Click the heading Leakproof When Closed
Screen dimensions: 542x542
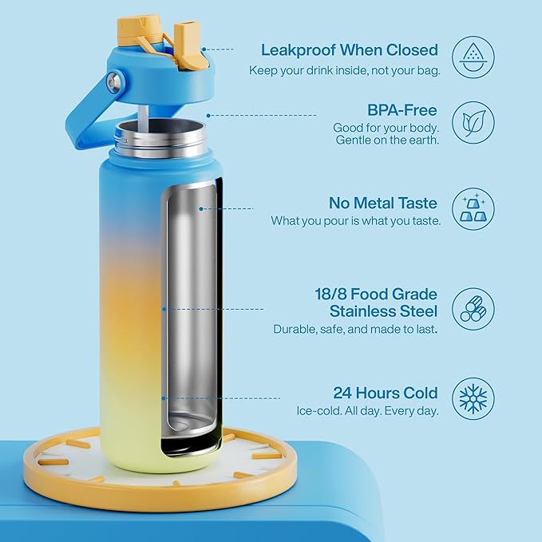click(349, 50)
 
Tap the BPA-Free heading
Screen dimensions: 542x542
click(402, 110)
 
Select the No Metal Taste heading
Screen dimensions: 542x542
click(383, 203)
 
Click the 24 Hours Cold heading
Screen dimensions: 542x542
click(386, 393)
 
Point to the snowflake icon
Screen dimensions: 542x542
click(473, 398)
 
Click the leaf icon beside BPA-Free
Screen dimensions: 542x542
click(473, 123)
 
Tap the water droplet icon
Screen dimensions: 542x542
click(473, 57)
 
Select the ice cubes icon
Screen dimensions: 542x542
click(473, 208)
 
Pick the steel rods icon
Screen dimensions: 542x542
click(473, 309)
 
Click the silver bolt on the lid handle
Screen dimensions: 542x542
click(114, 82)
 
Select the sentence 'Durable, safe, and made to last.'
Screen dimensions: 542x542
click(355, 329)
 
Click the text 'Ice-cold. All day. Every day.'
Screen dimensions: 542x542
click(367, 411)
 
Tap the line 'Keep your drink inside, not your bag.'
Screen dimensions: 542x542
click(345, 70)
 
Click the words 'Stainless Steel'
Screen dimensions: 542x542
click(383, 311)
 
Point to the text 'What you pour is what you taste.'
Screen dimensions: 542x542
click(356, 220)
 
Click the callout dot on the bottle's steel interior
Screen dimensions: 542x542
click(201, 208)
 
